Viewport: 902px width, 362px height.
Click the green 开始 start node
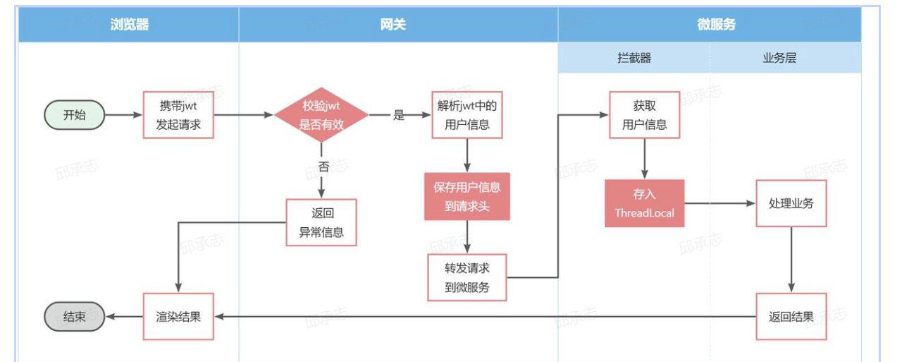pyautogui.click(x=75, y=115)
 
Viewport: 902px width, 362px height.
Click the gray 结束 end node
pyautogui.click(x=75, y=317)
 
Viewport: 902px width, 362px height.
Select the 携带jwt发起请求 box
pyautogui.click(x=178, y=115)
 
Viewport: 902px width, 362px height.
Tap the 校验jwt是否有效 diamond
pyautogui.click(x=321, y=115)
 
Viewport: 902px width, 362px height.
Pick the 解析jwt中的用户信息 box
pyautogui.click(x=467, y=115)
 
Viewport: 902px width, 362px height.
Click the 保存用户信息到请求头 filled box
pyautogui.click(x=467, y=196)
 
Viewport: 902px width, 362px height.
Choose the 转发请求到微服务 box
pyautogui.click(x=467, y=277)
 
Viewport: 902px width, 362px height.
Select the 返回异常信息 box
pyautogui.click(x=321, y=222)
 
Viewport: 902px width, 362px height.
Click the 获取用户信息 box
pyautogui.click(x=644, y=115)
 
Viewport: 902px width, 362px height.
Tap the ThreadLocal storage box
pyautogui.click(x=644, y=203)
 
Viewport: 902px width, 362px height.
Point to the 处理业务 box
pyautogui.click(x=791, y=203)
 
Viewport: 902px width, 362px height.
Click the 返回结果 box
pyautogui.click(x=791, y=317)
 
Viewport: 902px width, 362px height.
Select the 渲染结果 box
pyautogui.click(x=178, y=317)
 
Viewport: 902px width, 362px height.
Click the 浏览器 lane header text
pyautogui.click(x=130, y=25)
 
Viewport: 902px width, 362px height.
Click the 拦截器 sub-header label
pyautogui.click(x=634, y=58)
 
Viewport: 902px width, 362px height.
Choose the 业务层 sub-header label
pyautogui.click(x=779, y=58)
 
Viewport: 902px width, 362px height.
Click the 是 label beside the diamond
pyautogui.click(x=400, y=115)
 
